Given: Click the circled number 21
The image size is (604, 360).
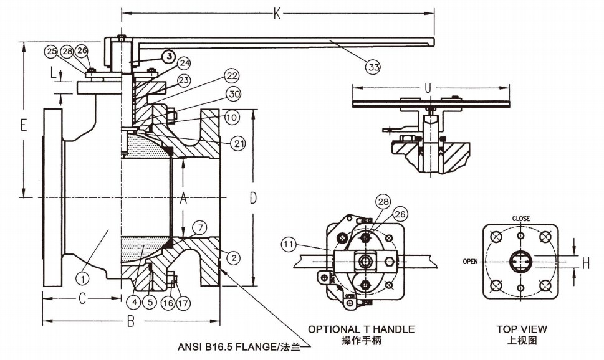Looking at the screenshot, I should (x=239, y=143).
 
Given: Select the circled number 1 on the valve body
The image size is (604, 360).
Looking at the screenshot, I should (x=81, y=273).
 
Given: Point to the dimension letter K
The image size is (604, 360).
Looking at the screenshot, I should (x=276, y=11).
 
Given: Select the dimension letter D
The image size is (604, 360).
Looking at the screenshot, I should (x=253, y=198).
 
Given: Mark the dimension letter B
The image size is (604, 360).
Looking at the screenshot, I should (x=130, y=322).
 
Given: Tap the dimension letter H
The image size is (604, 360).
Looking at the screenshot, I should (x=586, y=263).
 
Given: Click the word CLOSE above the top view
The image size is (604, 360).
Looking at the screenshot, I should (x=521, y=219).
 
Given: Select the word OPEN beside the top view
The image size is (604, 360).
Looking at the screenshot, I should (x=471, y=262).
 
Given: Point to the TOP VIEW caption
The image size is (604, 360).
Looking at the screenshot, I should (x=522, y=329).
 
